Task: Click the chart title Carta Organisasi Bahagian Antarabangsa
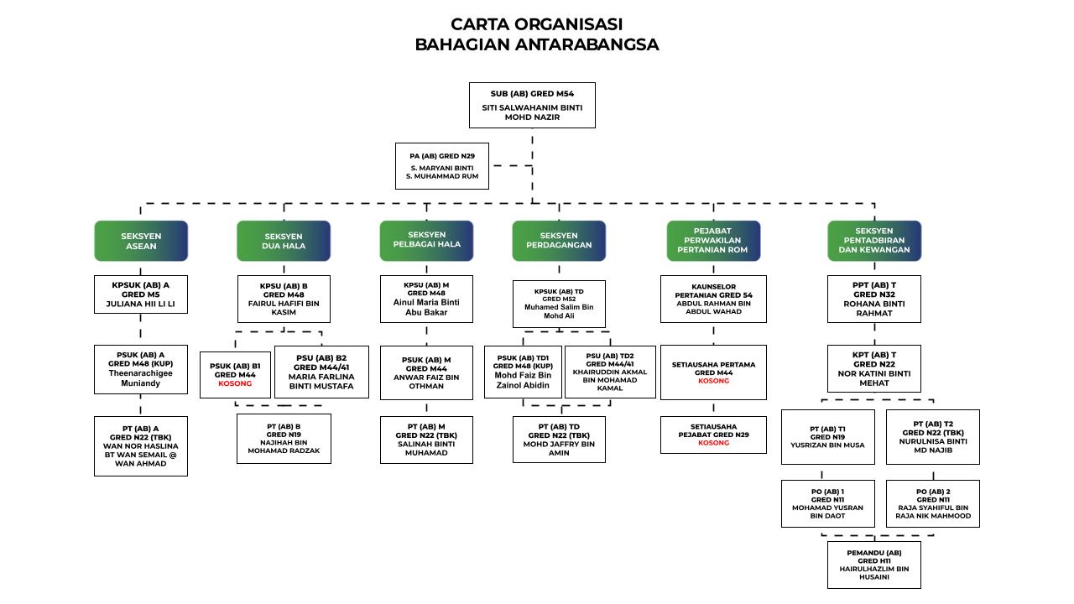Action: click(536, 34)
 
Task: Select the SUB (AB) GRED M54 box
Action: click(532, 105)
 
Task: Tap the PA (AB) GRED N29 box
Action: click(442, 166)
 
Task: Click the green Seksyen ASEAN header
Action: click(141, 242)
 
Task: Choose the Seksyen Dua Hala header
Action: click(284, 242)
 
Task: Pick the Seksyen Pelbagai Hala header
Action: click(426, 240)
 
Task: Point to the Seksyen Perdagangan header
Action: click(559, 241)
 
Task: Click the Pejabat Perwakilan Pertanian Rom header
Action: click(713, 241)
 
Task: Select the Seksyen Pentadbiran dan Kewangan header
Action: click(873, 241)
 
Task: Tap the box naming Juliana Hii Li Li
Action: click(141, 294)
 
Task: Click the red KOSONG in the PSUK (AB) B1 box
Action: click(235, 384)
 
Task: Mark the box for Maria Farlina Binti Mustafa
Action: click(321, 372)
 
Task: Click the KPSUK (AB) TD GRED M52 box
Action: click(559, 304)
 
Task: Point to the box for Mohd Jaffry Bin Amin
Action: click(559, 440)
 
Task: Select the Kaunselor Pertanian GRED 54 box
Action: click(713, 299)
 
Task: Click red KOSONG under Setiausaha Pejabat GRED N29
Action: click(713, 443)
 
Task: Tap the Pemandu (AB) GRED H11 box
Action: click(873, 565)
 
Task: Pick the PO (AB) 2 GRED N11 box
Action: click(932, 503)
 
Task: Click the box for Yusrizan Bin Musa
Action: click(827, 436)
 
